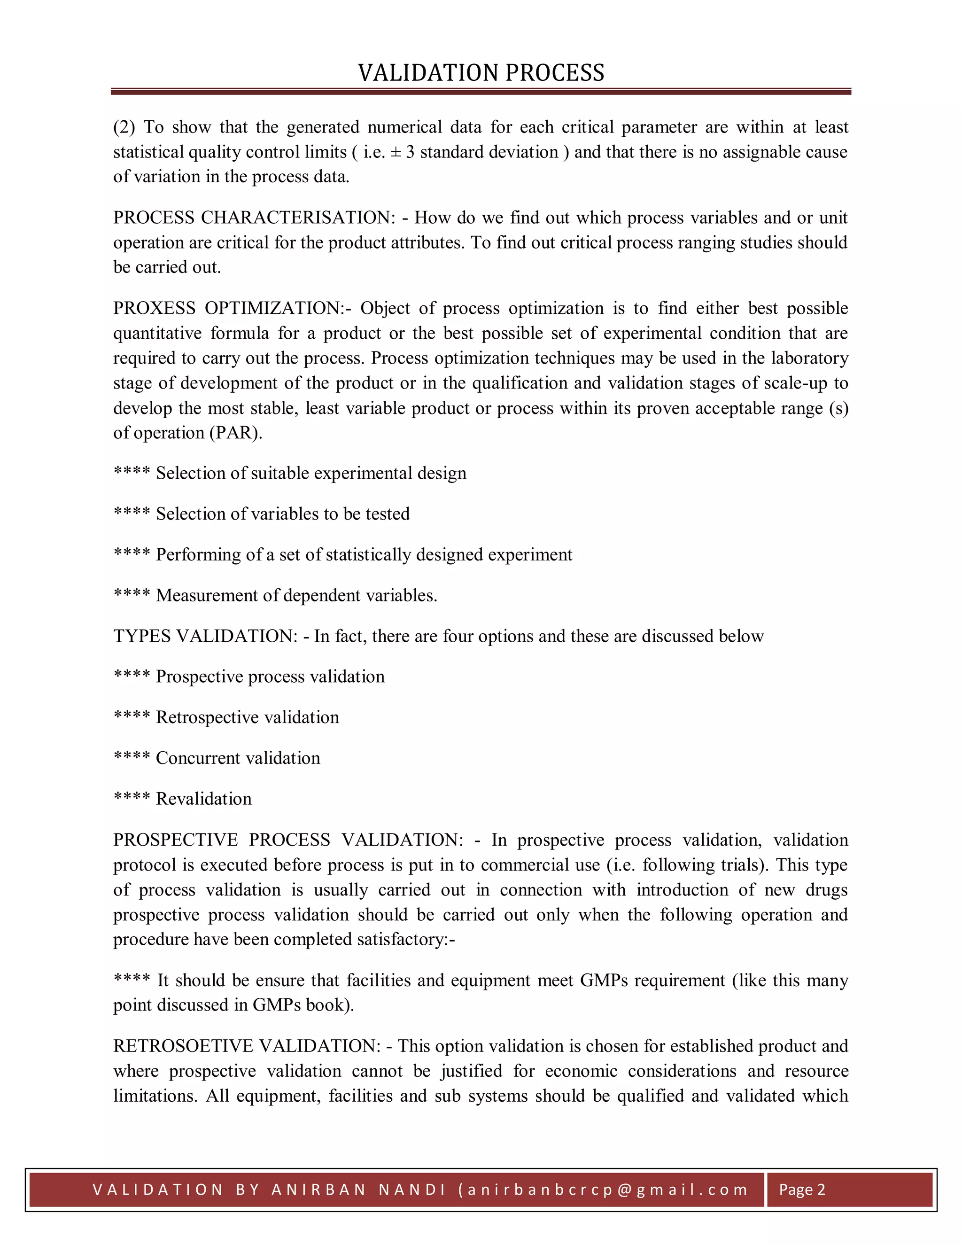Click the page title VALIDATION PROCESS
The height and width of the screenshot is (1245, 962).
[x=481, y=73]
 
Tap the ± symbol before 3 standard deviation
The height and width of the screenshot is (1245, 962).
[x=396, y=152]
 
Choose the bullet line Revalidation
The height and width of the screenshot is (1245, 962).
[x=203, y=799]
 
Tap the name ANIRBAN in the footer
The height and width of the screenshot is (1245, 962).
[x=319, y=1190]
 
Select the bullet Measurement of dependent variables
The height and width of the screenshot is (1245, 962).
[x=296, y=596]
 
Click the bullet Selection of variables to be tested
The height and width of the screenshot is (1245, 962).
[x=282, y=514]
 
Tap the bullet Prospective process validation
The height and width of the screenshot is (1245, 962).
[x=270, y=677]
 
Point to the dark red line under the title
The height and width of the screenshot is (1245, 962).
[x=481, y=91]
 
